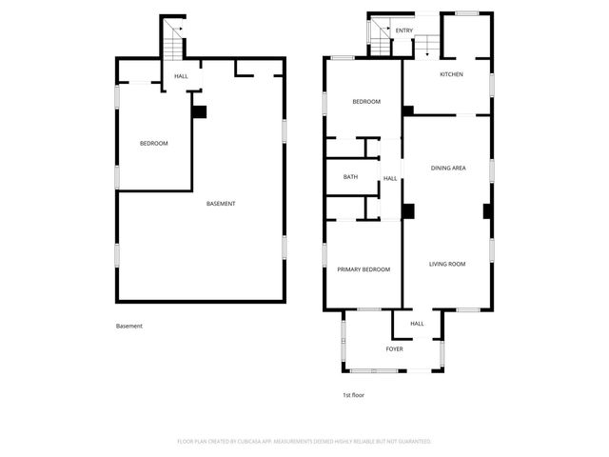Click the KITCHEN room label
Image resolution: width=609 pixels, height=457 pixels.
point(451,74)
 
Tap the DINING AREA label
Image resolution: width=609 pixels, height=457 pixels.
point(447,169)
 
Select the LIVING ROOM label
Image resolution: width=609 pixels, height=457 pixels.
point(446,264)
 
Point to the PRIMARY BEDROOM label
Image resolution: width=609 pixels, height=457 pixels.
point(363,269)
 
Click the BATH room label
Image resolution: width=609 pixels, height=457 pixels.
point(350,177)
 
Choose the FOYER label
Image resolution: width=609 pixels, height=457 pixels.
point(394,349)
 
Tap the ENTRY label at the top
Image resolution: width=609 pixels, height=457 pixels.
point(404,30)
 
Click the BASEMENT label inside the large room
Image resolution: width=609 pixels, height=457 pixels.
point(221,204)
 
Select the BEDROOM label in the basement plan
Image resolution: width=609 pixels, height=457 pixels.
point(153,144)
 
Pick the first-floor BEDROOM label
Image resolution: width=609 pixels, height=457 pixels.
point(366,102)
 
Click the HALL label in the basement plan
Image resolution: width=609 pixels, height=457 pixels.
point(181,76)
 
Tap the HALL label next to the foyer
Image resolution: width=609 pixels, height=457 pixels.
point(417,324)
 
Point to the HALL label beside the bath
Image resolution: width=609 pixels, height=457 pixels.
point(390,179)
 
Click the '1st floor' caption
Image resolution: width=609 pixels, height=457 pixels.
point(354,394)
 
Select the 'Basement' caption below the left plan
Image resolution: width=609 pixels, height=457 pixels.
point(129,327)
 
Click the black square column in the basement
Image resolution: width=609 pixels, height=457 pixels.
point(199,111)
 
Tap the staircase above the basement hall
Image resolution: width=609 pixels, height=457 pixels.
point(172,40)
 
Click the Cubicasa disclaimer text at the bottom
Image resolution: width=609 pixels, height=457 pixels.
point(304,442)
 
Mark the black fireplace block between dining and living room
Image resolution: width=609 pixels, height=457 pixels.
point(408,211)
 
